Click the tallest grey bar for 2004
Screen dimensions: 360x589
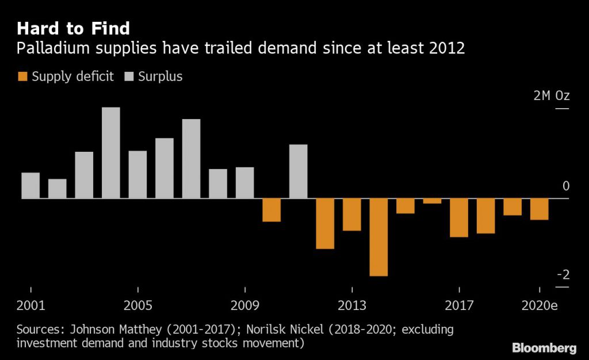point(111,152)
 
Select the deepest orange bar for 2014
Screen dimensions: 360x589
point(378,237)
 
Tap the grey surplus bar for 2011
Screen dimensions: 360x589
point(298,171)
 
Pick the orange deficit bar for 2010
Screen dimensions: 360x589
point(271,210)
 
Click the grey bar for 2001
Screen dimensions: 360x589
point(30,185)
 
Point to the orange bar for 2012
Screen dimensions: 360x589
point(325,223)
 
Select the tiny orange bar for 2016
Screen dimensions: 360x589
point(432,201)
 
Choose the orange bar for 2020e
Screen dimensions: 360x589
point(539,209)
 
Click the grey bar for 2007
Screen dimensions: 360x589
point(192,158)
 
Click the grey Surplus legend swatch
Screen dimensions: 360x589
point(128,76)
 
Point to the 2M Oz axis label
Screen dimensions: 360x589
point(550,95)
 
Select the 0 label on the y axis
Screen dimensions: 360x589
point(566,186)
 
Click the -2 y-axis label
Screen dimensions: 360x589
point(563,274)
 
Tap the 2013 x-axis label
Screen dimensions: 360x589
point(352,305)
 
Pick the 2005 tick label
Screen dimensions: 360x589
point(138,305)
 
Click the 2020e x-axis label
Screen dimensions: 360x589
point(539,305)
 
